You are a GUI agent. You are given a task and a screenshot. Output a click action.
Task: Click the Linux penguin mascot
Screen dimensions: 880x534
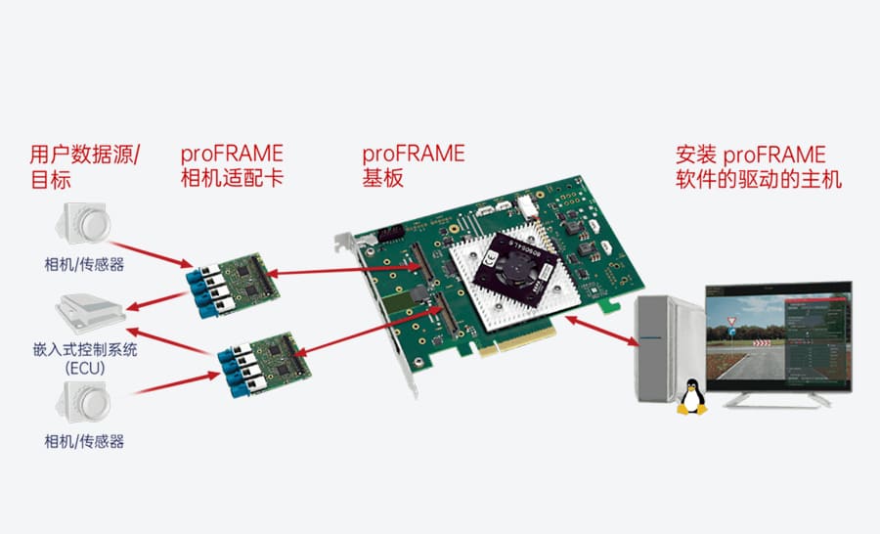click(691, 397)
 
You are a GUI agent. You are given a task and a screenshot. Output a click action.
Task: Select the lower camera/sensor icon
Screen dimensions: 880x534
click(83, 402)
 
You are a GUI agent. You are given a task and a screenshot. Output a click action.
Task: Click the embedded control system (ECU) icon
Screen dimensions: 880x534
click(90, 312)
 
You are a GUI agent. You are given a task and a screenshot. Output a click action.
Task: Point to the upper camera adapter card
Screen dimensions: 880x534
click(233, 286)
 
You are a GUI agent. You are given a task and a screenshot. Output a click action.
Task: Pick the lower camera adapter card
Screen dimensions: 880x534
click(264, 365)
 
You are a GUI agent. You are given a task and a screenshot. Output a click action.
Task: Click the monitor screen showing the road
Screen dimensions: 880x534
click(779, 336)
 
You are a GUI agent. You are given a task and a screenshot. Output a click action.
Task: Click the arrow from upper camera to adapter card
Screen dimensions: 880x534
click(152, 254)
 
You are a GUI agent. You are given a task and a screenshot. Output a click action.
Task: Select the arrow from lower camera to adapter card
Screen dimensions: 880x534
click(175, 383)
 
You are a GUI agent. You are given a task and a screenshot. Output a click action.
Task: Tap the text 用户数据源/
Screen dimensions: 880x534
click(85, 155)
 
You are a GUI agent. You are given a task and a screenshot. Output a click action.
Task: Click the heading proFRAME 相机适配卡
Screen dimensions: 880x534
click(232, 165)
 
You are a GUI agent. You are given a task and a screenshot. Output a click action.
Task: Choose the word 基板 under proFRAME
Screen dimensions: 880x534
click(382, 178)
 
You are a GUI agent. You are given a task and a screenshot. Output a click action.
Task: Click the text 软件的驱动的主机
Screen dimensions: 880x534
click(759, 179)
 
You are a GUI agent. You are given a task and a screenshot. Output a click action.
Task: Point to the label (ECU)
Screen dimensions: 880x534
click(84, 369)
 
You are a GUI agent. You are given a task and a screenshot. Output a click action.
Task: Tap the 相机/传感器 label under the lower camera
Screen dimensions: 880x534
click(84, 441)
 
